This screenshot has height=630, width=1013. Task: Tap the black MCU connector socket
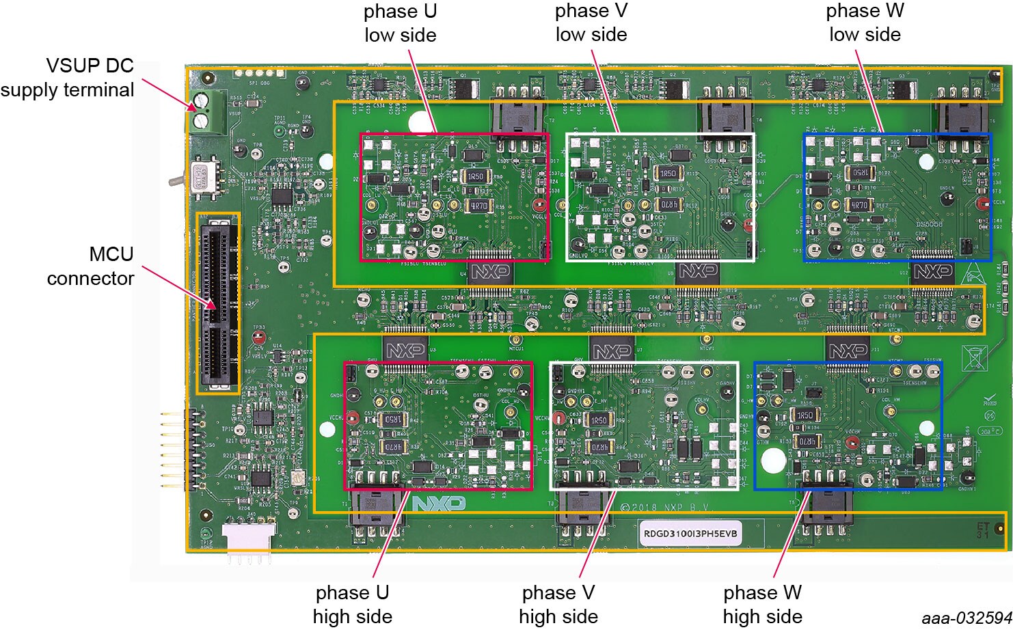pyautogui.click(x=218, y=303)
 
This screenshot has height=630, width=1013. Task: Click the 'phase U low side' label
pyautogui.click(x=400, y=23)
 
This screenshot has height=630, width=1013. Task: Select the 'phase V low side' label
pyautogui.click(x=591, y=23)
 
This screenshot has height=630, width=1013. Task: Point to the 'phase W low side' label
pyautogui.click(x=865, y=23)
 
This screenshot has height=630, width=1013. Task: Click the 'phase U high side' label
pyautogui.click(x=352, y=604)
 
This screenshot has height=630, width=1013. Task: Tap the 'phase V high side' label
pyautogui.click(x=558, y=604)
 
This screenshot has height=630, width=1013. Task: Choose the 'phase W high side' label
pyautogui.click(x=762, y=604)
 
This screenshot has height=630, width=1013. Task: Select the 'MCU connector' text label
pyautogui.click(x=90, y=266)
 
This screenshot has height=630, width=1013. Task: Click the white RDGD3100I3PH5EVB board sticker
pyautogui.click(x=690, y=533)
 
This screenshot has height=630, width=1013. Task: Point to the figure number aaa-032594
pyautogui.click(x=966, y=618)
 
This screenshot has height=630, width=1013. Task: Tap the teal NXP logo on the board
pyautogui.click(x=438, y=504)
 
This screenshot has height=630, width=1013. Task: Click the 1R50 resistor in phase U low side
pyautogui.click(x=475, y=176)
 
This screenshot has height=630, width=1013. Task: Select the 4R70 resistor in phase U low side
pyautogui.click(x=478, y=205)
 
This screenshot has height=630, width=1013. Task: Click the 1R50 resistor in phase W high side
pyautogui.click(x=805, y=415)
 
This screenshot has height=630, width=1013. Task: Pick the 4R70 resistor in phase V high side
pyautogui.click(x=599, y=446)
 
